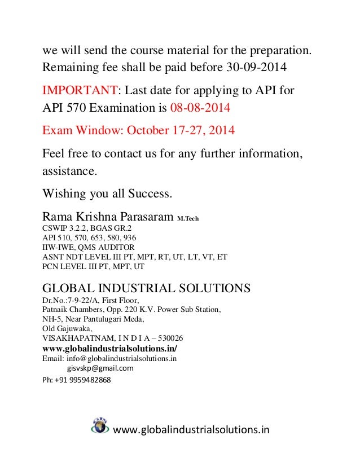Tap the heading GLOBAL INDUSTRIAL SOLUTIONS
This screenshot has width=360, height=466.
(146, 288)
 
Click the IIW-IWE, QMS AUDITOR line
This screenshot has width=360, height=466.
(89, 247)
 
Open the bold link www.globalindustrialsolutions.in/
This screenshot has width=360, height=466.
(109, 348)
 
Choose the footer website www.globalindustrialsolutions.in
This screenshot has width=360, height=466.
(192, 430)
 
